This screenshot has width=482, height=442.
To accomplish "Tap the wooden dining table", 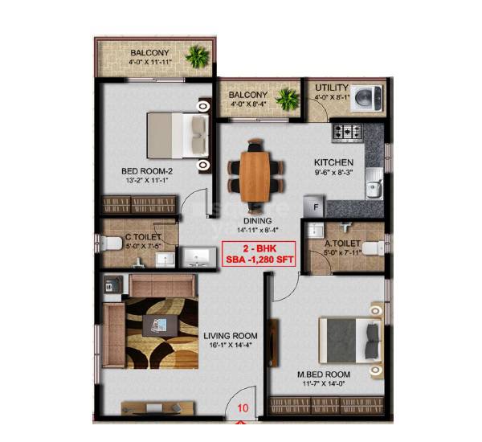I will pyautogui.click(x=256, y=171).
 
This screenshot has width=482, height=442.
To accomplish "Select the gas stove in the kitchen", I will pyautogui.click(x=349, y=130).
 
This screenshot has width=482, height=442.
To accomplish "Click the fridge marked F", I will pyautogui.click(x=316, y=207).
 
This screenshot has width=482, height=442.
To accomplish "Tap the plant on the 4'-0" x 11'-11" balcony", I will pyautogui.click(x=196, y=56).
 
